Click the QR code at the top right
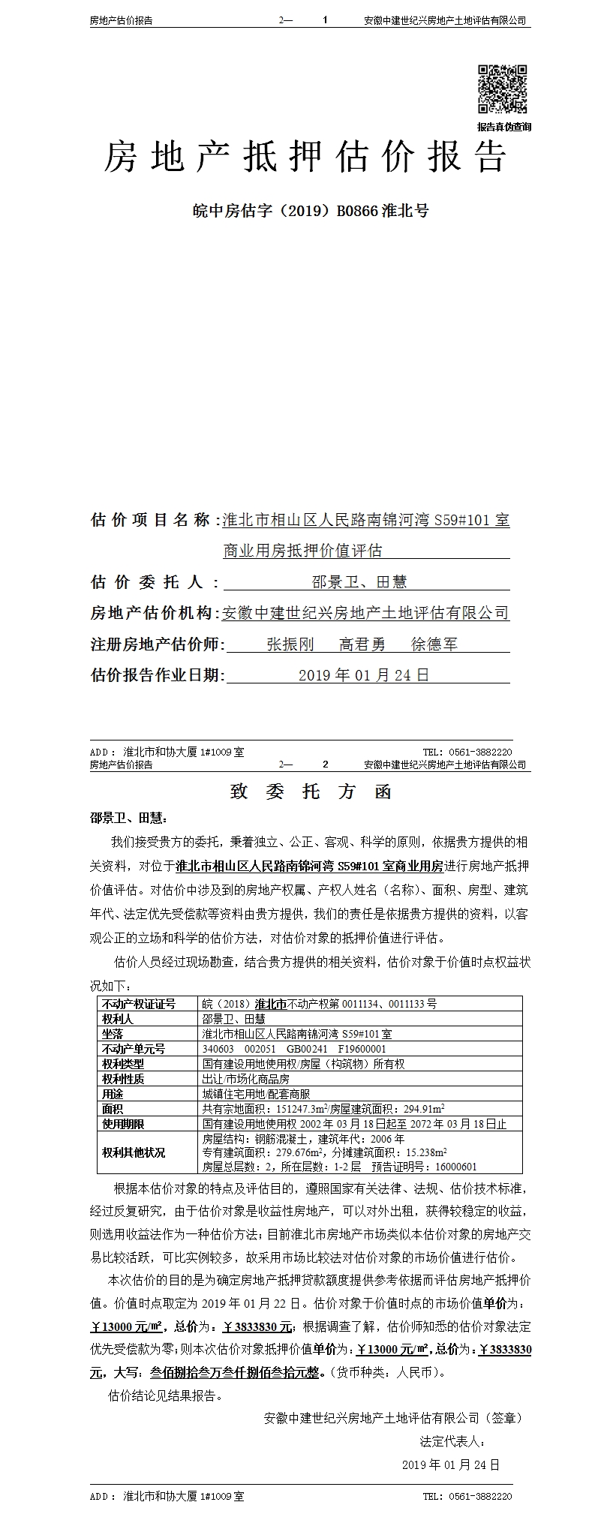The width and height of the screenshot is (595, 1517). (x=503, y=89)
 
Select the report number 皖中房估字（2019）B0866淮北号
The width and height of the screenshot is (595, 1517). (x=309, y=211)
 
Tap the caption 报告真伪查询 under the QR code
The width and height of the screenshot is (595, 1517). (x=503, y=127)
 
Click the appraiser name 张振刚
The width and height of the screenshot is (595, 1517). (x=290, y=644)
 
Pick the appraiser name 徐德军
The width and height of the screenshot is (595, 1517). (x=434, y=644)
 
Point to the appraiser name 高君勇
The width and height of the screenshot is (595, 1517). (x=362, y=644)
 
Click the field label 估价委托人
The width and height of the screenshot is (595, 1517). (x=155, y=581)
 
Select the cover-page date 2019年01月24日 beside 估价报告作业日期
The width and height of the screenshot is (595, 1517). (x=364, y=675)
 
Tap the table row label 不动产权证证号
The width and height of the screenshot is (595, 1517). (x=139, y=1004)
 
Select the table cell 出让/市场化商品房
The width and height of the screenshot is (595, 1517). (x=246, y=1079)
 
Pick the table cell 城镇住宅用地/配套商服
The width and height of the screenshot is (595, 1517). (x=256, y=1094)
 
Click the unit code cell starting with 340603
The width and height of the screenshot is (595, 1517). (x=294, y=1049)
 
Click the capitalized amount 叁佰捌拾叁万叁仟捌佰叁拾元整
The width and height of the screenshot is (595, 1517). (x=236, y=1373)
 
